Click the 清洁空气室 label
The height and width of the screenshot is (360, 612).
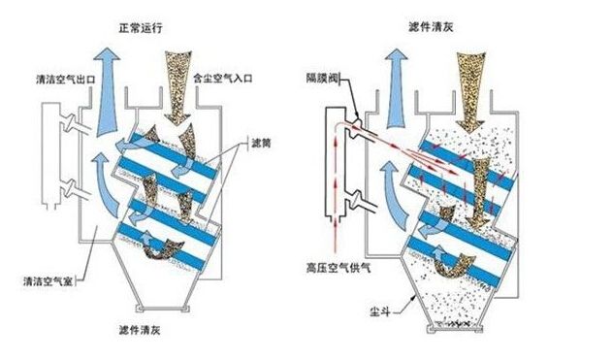pos(49,283)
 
